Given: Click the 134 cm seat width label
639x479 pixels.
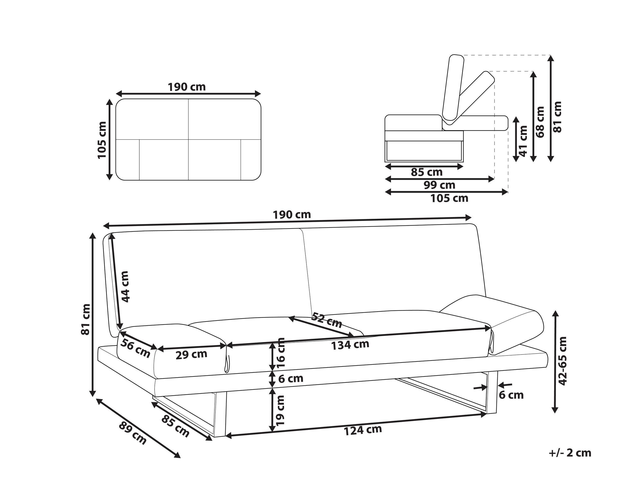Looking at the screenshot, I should [350, 345].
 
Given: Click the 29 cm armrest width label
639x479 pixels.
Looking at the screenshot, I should [191, 355].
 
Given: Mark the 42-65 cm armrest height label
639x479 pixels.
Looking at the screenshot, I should [562, 361].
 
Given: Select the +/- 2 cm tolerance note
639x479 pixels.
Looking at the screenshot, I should [570, 453].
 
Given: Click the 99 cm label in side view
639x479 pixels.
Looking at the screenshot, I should [439, 185].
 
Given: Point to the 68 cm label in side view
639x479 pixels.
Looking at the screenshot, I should [540, 122].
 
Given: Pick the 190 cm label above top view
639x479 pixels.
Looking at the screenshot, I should [187, 87].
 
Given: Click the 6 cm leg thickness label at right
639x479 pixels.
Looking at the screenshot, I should [511, 395].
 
